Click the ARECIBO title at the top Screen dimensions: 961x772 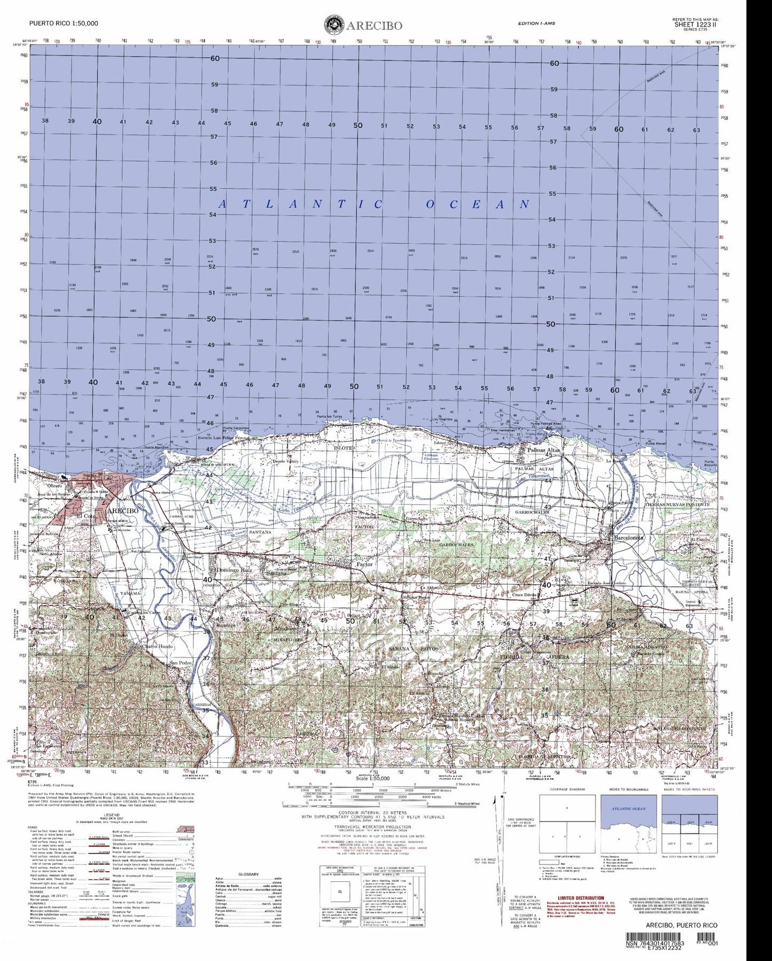[373, 26]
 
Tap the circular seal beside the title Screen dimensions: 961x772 [334, 25]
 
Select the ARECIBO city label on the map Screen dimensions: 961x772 [122, 510]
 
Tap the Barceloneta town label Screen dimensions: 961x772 [629, 538]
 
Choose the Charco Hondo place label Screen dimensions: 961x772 [157, 647]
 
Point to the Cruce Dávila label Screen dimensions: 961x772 [524, 594]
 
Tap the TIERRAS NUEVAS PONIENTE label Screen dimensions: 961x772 [677, 504]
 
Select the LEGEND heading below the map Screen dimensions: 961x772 [112, 815]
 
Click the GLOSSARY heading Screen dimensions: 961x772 [248, 874]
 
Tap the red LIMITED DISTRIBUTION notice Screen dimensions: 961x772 [581, 898]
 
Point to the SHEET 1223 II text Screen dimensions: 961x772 [695, 24]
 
